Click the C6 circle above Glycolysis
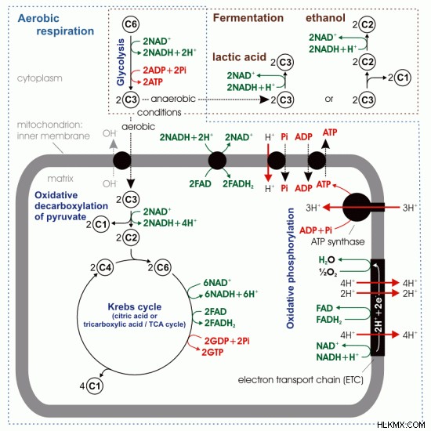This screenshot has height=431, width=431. [x=131, y=24]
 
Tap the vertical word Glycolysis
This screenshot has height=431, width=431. [x=121, y=62]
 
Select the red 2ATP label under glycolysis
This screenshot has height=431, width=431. [x=153, y=82]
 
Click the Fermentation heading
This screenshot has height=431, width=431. [x=248, y=18]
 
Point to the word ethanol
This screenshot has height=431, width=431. [x=325, y=18]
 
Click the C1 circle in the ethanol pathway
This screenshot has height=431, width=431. [x=403, y=78]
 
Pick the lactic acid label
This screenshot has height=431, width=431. [x=239, y=57]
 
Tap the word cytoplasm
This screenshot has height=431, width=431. [x=40, y=78]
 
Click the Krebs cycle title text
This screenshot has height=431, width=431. [x=135, y=306]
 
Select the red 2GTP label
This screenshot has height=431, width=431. [x=212, y=353]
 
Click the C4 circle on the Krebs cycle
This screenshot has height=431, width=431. [x=105, y=267]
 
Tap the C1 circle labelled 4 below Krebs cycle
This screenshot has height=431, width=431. [x=95, y=386]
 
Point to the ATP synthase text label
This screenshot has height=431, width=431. [x=338, y=242]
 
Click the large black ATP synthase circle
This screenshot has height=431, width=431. [x=357, y=207]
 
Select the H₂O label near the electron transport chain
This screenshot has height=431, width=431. [x=327, y=260]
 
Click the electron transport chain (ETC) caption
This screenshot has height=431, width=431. [x=300, y=380]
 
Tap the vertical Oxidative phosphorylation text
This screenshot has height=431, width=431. [x=290, y=268]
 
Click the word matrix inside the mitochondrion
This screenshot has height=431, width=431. [x=60, y=179]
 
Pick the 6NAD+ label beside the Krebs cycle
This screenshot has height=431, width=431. [x=217, y=283]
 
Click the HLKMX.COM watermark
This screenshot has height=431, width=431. [x=401, y=425]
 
